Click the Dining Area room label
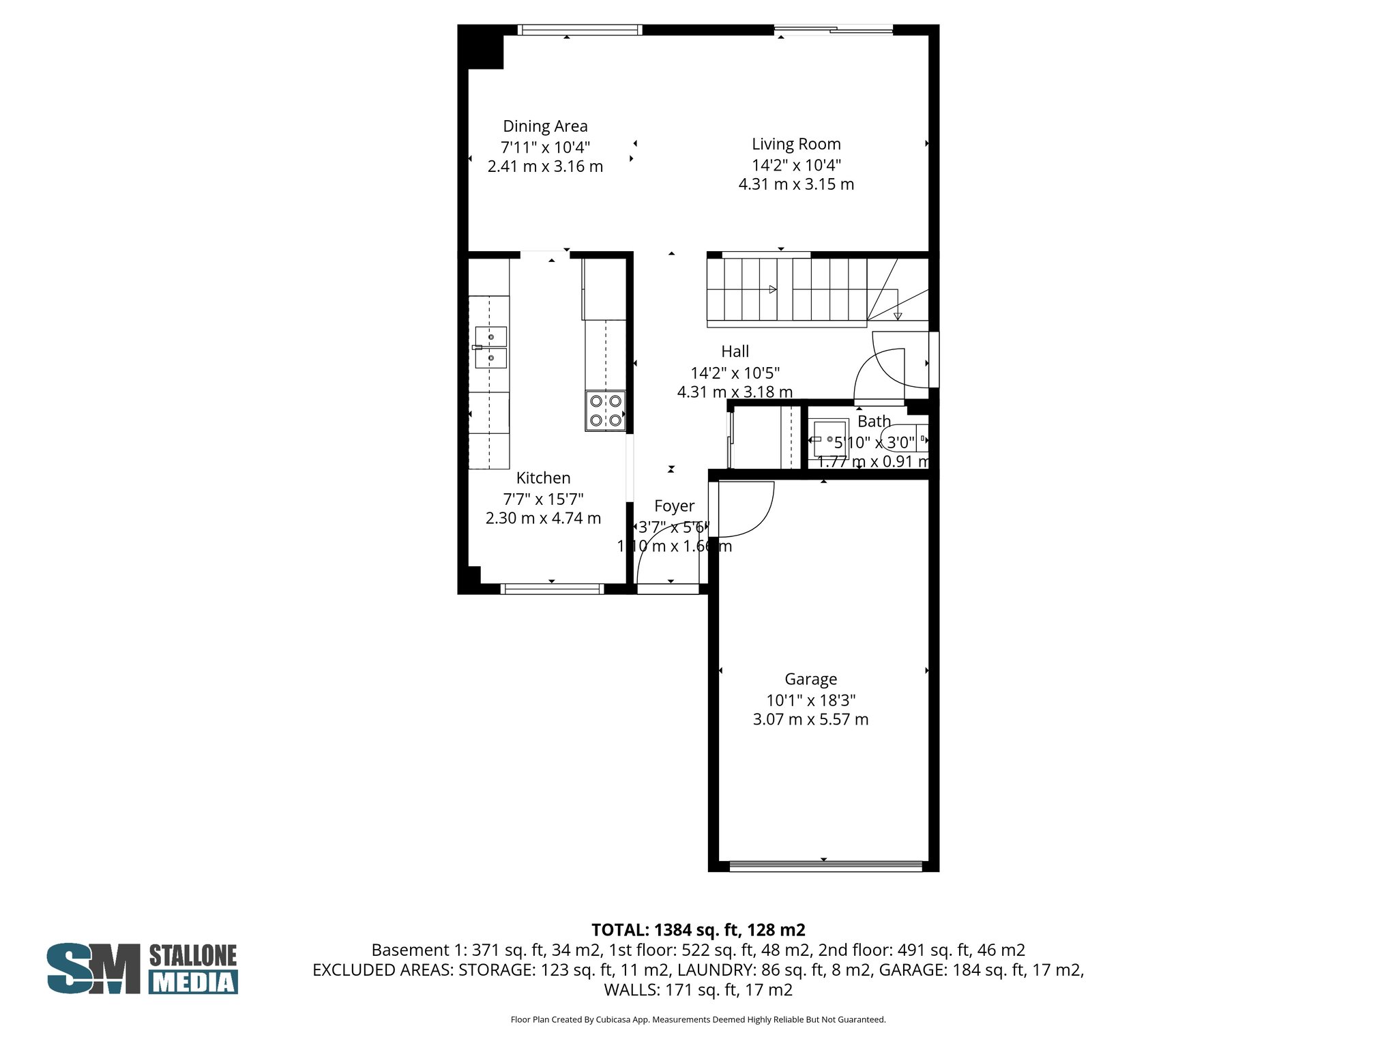tap(545, 126)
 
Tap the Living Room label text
tap(796, 144)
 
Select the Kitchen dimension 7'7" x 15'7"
tap(543, 499)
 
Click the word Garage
tap(810, 679)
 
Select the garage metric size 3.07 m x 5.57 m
tap(810, 719)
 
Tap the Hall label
tap(735, 351)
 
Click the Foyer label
tap(674, 506)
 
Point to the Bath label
tap(874, 422)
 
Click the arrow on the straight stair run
tap(772, 289)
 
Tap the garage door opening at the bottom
tap(825, 866)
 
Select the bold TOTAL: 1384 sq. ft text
tap(698, 930)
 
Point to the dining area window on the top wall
tap(579, 29)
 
